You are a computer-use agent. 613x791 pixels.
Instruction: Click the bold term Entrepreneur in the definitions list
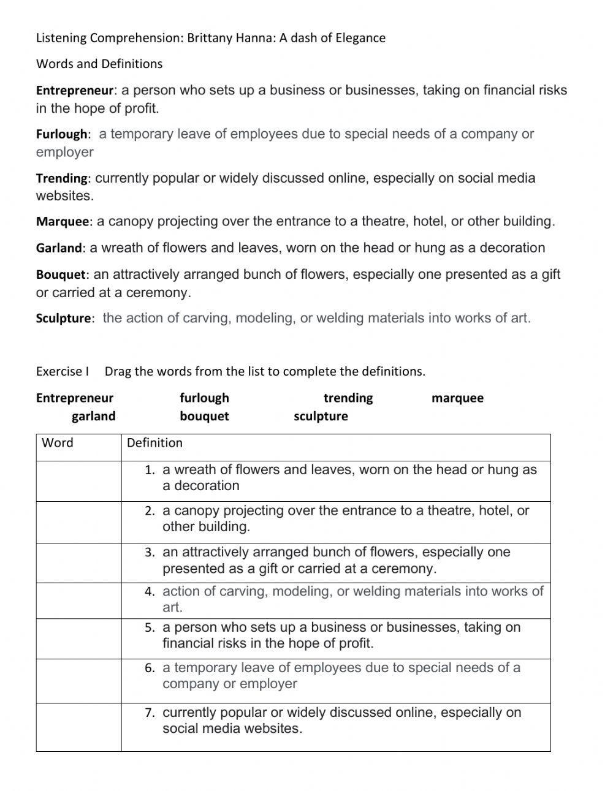75,91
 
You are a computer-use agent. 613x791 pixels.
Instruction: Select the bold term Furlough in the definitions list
62,134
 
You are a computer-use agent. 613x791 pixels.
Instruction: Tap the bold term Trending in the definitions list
62,178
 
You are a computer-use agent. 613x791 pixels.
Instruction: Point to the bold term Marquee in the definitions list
63,222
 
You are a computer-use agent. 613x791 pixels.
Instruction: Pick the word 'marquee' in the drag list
457,398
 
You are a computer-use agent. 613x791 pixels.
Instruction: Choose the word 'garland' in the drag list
93,417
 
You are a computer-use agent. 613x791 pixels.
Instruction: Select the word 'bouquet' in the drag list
204,417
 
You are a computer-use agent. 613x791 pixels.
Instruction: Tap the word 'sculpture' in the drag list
321,417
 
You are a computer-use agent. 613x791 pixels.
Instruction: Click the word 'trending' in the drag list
348,398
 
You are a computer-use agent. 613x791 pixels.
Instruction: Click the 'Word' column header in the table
57,443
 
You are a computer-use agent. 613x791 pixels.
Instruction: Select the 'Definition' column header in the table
154,443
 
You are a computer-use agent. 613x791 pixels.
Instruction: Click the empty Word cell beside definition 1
78,481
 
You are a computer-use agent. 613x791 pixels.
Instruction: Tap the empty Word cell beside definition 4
78,600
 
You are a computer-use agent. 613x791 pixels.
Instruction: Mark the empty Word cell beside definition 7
78,727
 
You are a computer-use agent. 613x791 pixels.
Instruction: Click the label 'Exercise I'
63,371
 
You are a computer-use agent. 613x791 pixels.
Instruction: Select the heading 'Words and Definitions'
99,64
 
